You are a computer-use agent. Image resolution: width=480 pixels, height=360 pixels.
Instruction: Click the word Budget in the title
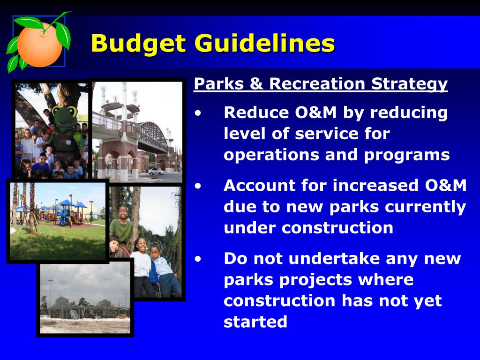click(138, 44)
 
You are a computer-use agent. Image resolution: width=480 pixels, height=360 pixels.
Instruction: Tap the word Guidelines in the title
click(265, 43)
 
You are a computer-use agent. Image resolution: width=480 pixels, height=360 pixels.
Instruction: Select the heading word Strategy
click(409, 84)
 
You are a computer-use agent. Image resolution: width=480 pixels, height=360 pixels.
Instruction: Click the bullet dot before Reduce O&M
click(198, 113)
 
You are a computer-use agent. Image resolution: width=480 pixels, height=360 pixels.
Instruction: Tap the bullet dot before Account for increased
click(198, 186)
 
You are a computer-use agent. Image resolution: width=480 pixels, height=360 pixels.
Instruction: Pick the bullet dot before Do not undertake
click(198, 259)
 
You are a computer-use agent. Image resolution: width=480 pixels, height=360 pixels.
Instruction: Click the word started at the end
click(255, 322)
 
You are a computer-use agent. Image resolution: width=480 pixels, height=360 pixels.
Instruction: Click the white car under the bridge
click(156, 172)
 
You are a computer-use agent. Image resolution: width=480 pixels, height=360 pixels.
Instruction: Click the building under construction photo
click(85, 298)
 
